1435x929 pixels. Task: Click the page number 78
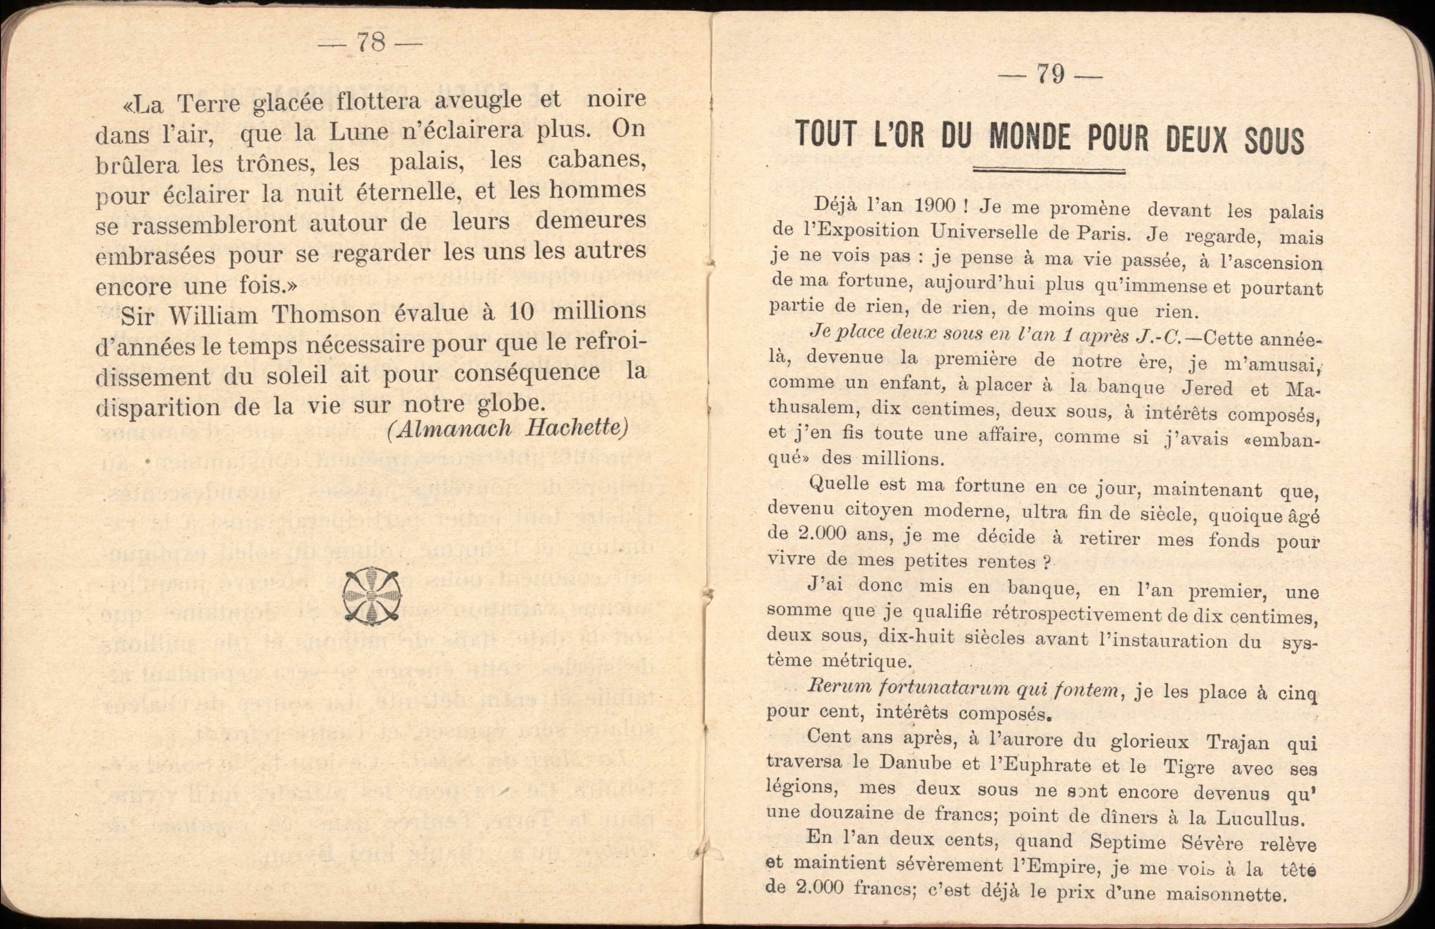click(x=371, y=43)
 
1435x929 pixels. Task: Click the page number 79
click(x=1050, y=75)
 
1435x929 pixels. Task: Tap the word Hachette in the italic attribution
click(x=577, y=428)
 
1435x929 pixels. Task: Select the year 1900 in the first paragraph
click(x=935, y=206)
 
